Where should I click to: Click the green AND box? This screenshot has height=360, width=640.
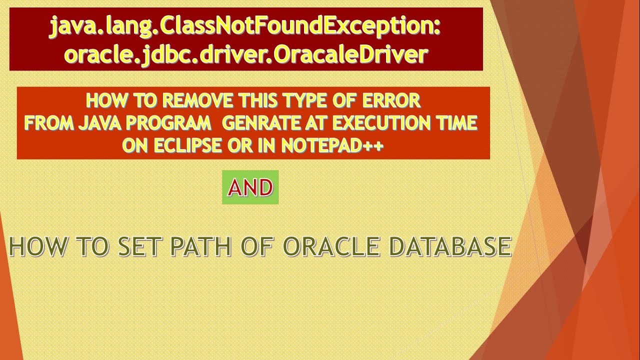(250, 187)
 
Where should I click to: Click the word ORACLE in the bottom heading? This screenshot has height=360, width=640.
(330, 247)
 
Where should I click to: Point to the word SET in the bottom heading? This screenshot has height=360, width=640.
(140, 247)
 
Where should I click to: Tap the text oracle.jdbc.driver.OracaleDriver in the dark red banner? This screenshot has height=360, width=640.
(245, 54)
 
